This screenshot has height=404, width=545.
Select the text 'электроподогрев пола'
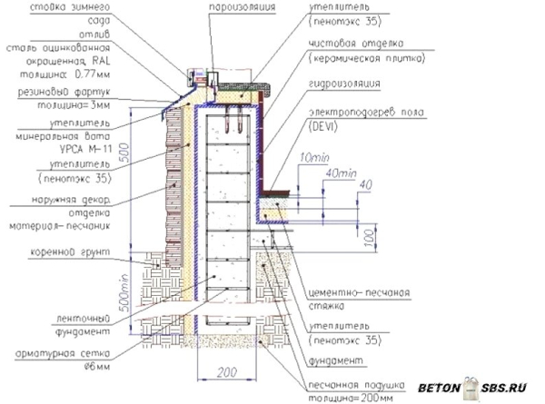point(355,111)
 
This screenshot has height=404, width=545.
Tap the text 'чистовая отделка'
point(354,42)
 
